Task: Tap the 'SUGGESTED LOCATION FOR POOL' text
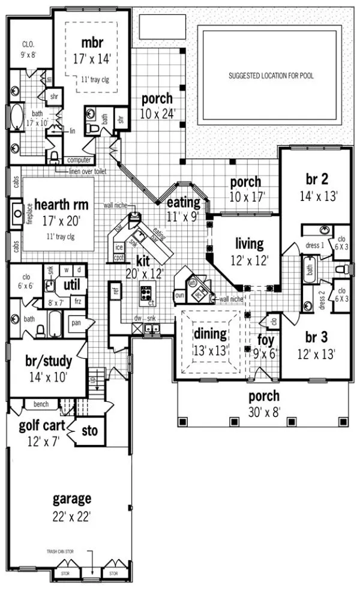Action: click(x=271, y=76)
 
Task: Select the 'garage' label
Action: click(x=71, y=499)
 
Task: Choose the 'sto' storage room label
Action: click(x=89, y=431)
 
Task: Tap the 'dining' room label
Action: click(x=210, y=334)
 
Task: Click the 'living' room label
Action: click(x=249, y=244)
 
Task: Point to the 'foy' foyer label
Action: click(x=266, y=340)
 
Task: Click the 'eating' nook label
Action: click(x=183, y=202)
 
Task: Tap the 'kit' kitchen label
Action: click(x=143, y=262)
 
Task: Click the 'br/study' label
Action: click(x=49, y=362)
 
